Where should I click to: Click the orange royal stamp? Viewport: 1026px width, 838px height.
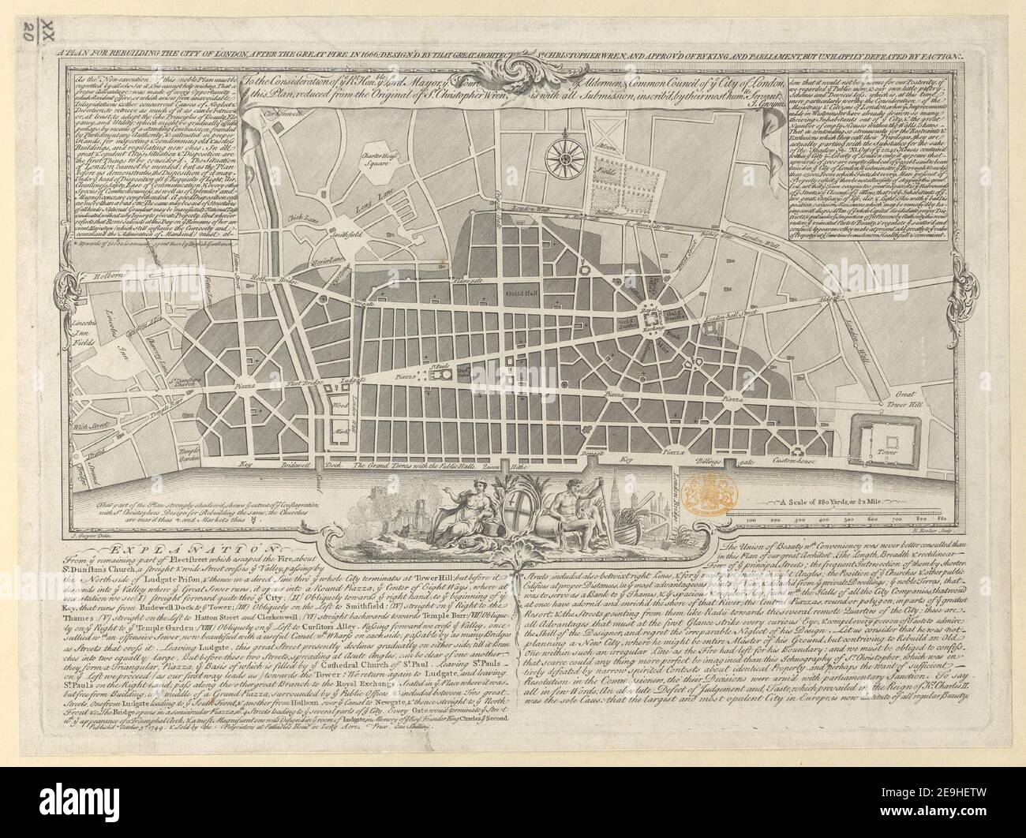pyautogui.click(x=708, y=492)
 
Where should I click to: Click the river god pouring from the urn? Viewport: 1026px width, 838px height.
pyautogui.click(x=571, y=505)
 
